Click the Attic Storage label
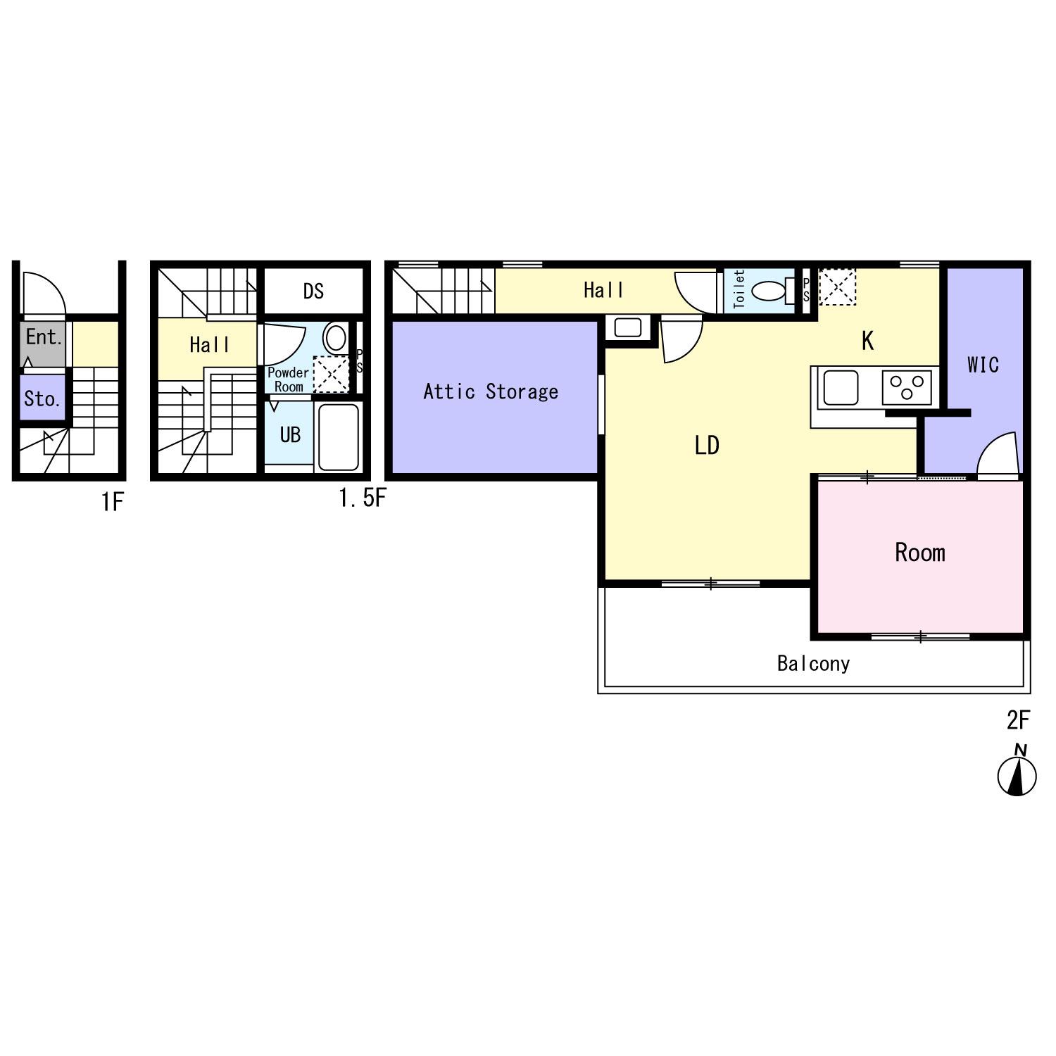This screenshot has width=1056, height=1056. click(491, 391)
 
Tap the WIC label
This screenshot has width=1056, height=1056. click(983, 365)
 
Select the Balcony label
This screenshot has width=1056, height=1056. click(813, 663)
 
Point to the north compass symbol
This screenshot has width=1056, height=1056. click(1017, 772)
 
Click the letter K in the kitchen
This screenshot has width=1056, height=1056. click(868, 341)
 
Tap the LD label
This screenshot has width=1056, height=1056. click(707, 445)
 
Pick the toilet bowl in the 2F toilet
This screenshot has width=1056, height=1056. click(768, 291)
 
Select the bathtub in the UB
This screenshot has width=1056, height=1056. click(339, 436)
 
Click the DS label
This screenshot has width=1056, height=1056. click(313, 291)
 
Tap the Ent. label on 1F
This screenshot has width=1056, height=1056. click(44, 337)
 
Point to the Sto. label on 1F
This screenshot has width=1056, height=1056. click(42, 399)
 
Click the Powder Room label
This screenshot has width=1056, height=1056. click(288, 379)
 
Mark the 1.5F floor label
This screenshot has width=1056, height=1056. click(362, 498)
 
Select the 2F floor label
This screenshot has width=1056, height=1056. click(1018, 719)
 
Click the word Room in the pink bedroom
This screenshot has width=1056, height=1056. click(920, 553)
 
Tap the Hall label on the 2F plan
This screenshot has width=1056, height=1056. click(603, 290)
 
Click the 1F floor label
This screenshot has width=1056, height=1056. click(112, 502)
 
